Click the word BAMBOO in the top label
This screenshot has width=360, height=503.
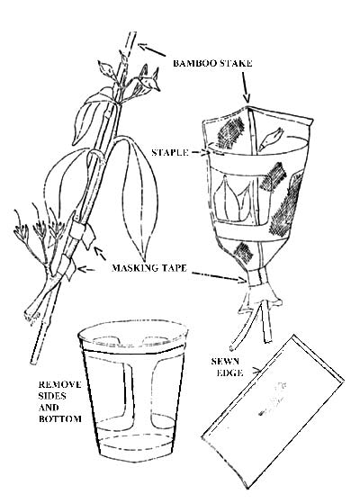(193, 63)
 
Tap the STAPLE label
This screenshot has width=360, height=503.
(170, 152)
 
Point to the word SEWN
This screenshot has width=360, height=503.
(225, 361)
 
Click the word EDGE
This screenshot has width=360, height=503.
(229, 373)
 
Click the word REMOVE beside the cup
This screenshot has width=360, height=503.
(59, 384)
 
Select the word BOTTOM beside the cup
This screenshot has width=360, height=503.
(59, 418)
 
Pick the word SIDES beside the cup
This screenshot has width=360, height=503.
(52, 396)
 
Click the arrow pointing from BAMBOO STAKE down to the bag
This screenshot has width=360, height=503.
(245, 86)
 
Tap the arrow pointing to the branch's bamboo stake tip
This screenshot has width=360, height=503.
(151, 49)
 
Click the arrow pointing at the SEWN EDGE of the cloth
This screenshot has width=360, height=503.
(255, 371)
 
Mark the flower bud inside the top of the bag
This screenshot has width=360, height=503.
(271, 139)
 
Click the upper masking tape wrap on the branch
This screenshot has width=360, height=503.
(82, 232)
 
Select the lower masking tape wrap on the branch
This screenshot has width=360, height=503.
(67, 266)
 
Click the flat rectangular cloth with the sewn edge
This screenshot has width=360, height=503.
(273, 411)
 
